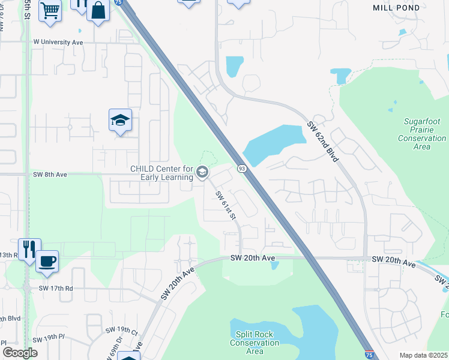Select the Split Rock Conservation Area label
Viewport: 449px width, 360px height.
(x=255, y=343)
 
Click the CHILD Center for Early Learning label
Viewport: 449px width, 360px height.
(x=161, y=173)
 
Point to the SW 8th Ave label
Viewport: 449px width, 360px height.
(x=49, y=174)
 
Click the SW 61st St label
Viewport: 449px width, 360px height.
(x=224, y=205)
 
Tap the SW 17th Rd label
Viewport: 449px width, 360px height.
(x=56, y=288)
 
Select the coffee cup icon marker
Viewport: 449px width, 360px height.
(x=47, y=262)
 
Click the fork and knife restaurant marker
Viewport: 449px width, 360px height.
(x=29, y=248)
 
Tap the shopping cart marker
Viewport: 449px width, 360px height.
(x=50, y=10)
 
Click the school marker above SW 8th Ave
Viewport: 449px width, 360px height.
(x=120, y=121)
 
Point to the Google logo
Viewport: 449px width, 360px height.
(x=20, y=353)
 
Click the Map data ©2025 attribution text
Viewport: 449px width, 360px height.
(x=423, y=355)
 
